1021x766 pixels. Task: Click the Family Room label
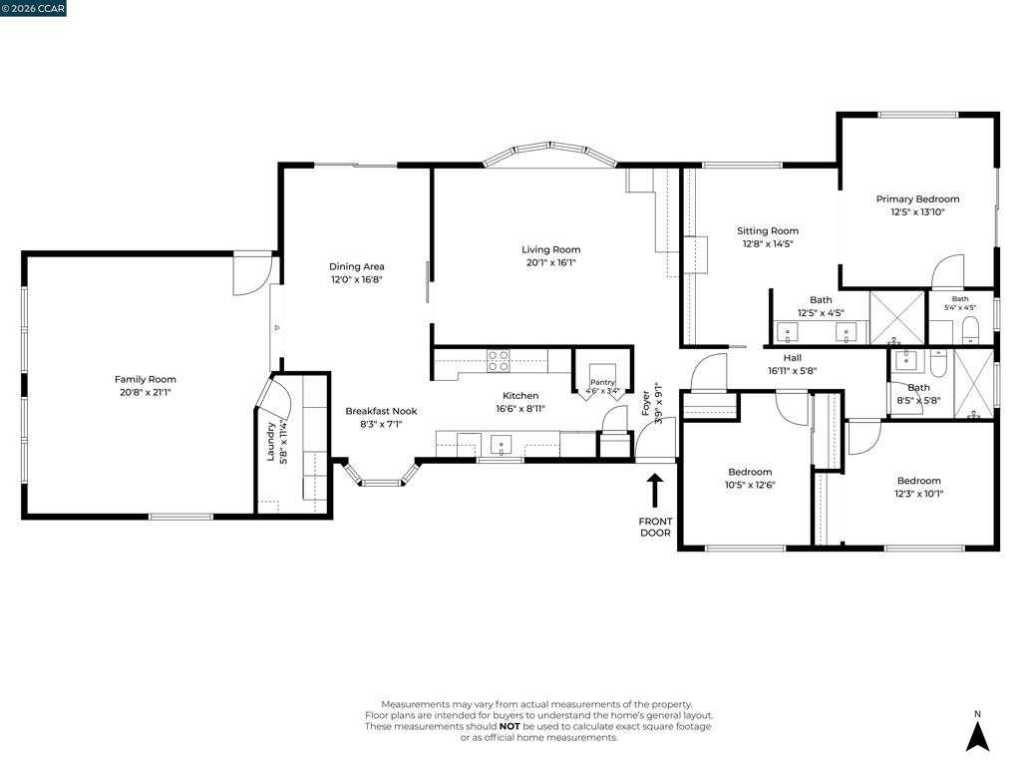point(146,379)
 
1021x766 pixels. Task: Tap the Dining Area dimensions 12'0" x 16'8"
point(356,279)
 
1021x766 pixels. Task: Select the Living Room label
point(550,249)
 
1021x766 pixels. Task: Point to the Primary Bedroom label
point(917,199)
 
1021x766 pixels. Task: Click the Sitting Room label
point(768,230)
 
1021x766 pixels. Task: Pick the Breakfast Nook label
point(381,411)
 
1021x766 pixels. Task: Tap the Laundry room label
point(271,442)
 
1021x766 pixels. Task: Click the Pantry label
point(602,382)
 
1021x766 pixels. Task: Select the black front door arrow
point(654,490)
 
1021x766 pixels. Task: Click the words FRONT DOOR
point(655,527)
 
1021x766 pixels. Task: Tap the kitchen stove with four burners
point(499,361)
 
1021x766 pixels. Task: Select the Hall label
point(793,358)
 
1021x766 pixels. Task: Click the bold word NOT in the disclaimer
point(510,726)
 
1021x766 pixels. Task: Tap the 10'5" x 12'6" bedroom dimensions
point(750,485)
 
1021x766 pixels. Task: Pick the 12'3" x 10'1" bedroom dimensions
point(918,493)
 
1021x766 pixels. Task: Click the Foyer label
point(645,403)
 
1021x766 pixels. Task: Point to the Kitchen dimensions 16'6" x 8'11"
point(520,408)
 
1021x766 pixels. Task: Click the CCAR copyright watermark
point(33,8)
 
